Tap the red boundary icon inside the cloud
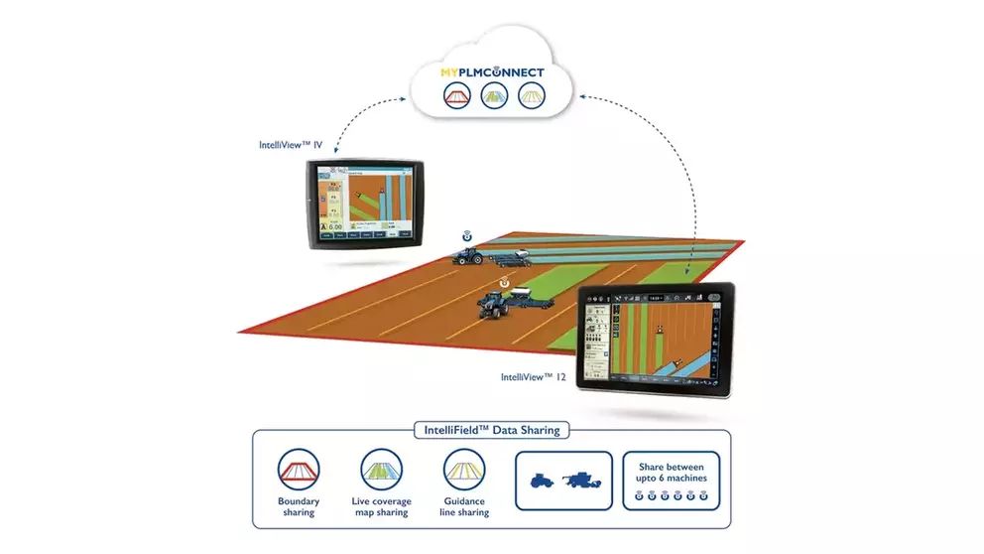click(456, 96)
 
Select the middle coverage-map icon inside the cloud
click(493, 96)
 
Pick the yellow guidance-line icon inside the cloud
click(531, 96)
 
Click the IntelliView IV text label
click(291, 146)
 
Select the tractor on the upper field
click(468, 256)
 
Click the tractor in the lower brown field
click(493, 304)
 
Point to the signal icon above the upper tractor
click(466, 237)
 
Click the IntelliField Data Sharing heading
click(492, 430)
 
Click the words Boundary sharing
click(299, 506)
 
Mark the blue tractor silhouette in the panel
click(546, 480)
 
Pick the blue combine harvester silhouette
click(583, 480)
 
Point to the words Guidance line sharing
click(463, 506)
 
